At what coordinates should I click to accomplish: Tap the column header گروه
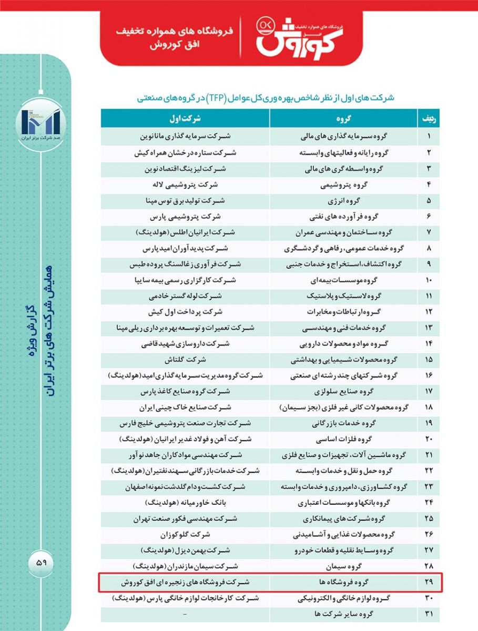(344, 118)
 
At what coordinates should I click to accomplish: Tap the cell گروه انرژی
(344, 200)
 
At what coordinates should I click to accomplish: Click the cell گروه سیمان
(344, 566)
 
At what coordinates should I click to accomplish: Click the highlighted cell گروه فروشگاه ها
(344, 583)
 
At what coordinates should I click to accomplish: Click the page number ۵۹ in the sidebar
(42, 562)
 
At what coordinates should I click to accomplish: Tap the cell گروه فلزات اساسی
(344, 439)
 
